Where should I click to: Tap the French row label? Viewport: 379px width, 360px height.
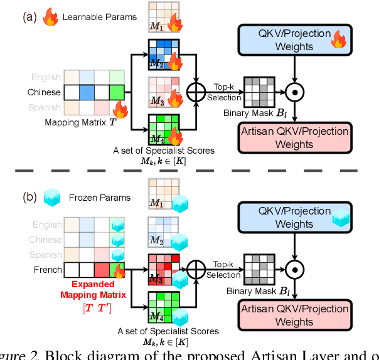pyautogui.click(x=47, y=270)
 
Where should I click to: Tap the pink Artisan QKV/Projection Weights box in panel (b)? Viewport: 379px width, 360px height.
pyautogui.click(x=293, y=315)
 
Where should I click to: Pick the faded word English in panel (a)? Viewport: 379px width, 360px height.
pyautogui.click(x=45, y=77)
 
